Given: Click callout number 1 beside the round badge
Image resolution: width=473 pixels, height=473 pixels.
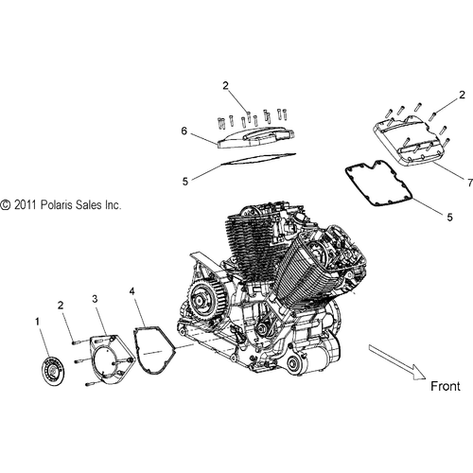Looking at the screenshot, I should [x=39, y=323].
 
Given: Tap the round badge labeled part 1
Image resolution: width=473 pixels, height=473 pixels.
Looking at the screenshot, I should [x=54, y=365].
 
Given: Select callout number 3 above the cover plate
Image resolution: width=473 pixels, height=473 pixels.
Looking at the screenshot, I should [x=95, y=299].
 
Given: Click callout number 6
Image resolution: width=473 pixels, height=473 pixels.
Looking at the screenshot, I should [x=197, y=134].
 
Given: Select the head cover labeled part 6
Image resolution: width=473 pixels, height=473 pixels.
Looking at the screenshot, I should [x=251, y=136].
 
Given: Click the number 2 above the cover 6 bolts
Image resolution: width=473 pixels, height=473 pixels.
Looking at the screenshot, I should [x=226, y=86].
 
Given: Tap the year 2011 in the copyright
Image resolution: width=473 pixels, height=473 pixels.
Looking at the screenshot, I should [x=26, y=204].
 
